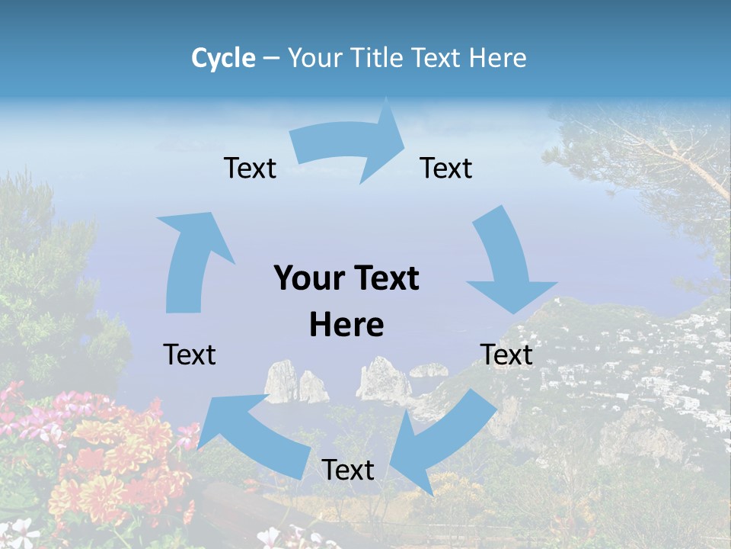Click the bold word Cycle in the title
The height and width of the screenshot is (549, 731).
pos(223,58)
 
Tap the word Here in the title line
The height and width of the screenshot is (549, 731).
pos(498,58)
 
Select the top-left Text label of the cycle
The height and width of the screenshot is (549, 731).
pos(250,169)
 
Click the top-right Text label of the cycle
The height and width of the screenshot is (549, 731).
pos(446,169)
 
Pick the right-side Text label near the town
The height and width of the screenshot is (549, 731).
pos(506,355)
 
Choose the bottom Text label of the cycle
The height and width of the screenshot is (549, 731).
pos(348,470)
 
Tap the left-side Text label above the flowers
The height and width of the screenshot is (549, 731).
pos(190,355)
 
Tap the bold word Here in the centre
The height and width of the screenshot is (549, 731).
pos(346,325)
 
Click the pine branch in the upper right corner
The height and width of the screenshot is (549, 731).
pos(670,152)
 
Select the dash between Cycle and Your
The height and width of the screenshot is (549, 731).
pos(271,58)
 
